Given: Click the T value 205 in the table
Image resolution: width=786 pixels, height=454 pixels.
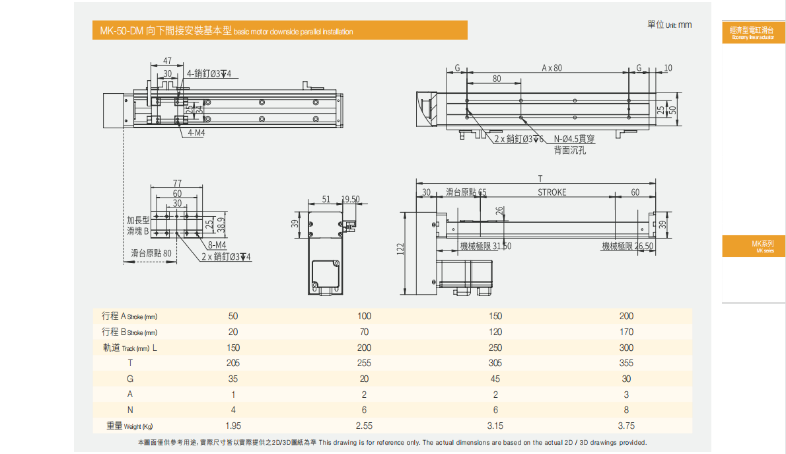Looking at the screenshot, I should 232,363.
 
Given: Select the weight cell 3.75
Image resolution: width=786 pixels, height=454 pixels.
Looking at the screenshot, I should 626,426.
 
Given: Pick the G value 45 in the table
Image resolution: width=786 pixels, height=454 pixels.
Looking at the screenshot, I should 495,379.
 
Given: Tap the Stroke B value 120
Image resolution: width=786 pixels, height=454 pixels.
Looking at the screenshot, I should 495,332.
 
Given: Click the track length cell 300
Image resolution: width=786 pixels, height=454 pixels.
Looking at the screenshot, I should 626,348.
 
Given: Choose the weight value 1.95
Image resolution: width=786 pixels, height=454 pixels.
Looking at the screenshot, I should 232,426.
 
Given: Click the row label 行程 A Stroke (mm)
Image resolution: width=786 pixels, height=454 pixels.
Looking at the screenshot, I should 130,316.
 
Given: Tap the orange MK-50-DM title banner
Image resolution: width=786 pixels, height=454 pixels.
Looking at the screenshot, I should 279,30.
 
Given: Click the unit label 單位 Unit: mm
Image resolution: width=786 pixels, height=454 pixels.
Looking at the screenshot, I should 670,24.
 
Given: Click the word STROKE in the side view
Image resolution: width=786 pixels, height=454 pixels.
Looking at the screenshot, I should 552,192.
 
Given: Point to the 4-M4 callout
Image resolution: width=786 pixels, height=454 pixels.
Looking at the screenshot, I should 196,133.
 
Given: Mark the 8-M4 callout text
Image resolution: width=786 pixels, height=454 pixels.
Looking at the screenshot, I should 217,245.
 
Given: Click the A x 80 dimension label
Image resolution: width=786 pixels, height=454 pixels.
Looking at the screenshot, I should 552,67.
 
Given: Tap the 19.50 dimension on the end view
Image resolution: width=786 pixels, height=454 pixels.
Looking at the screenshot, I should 351,200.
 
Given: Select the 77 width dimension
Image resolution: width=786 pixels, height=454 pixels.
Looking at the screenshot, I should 177,183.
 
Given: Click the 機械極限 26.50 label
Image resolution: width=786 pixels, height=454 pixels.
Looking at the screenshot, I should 627,246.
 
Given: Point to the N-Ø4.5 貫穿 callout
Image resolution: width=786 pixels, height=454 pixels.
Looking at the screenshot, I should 574,139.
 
